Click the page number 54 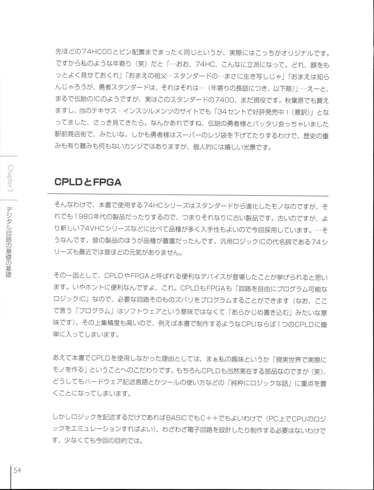tap(17, 470)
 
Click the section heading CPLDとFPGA tap(88, 182)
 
